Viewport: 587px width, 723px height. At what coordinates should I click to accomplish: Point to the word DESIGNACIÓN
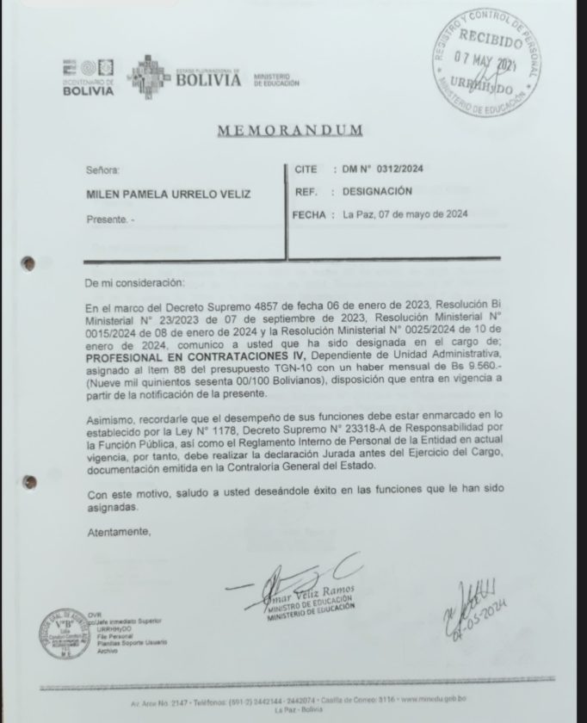coord(379,191)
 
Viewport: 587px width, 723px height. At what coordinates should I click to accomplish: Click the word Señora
coord(104,171)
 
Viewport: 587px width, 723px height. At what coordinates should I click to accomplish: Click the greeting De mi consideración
coord(134,281)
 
